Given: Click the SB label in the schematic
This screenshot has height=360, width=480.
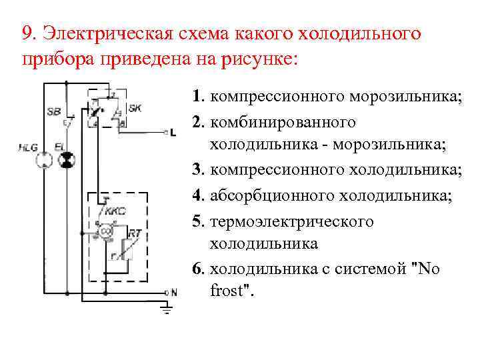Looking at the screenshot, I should click(54, 111).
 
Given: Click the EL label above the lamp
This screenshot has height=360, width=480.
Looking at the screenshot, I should click(59, 145).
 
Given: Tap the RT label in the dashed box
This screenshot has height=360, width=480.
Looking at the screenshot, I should click(135, 233).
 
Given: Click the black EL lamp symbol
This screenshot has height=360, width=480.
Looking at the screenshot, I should click(66, 160).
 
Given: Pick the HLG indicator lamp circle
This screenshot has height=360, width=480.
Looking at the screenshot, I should click(42, 160).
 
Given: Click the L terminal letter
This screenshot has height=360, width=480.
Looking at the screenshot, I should click(173, 133).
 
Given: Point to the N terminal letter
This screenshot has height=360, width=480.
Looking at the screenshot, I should click(174, 292).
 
